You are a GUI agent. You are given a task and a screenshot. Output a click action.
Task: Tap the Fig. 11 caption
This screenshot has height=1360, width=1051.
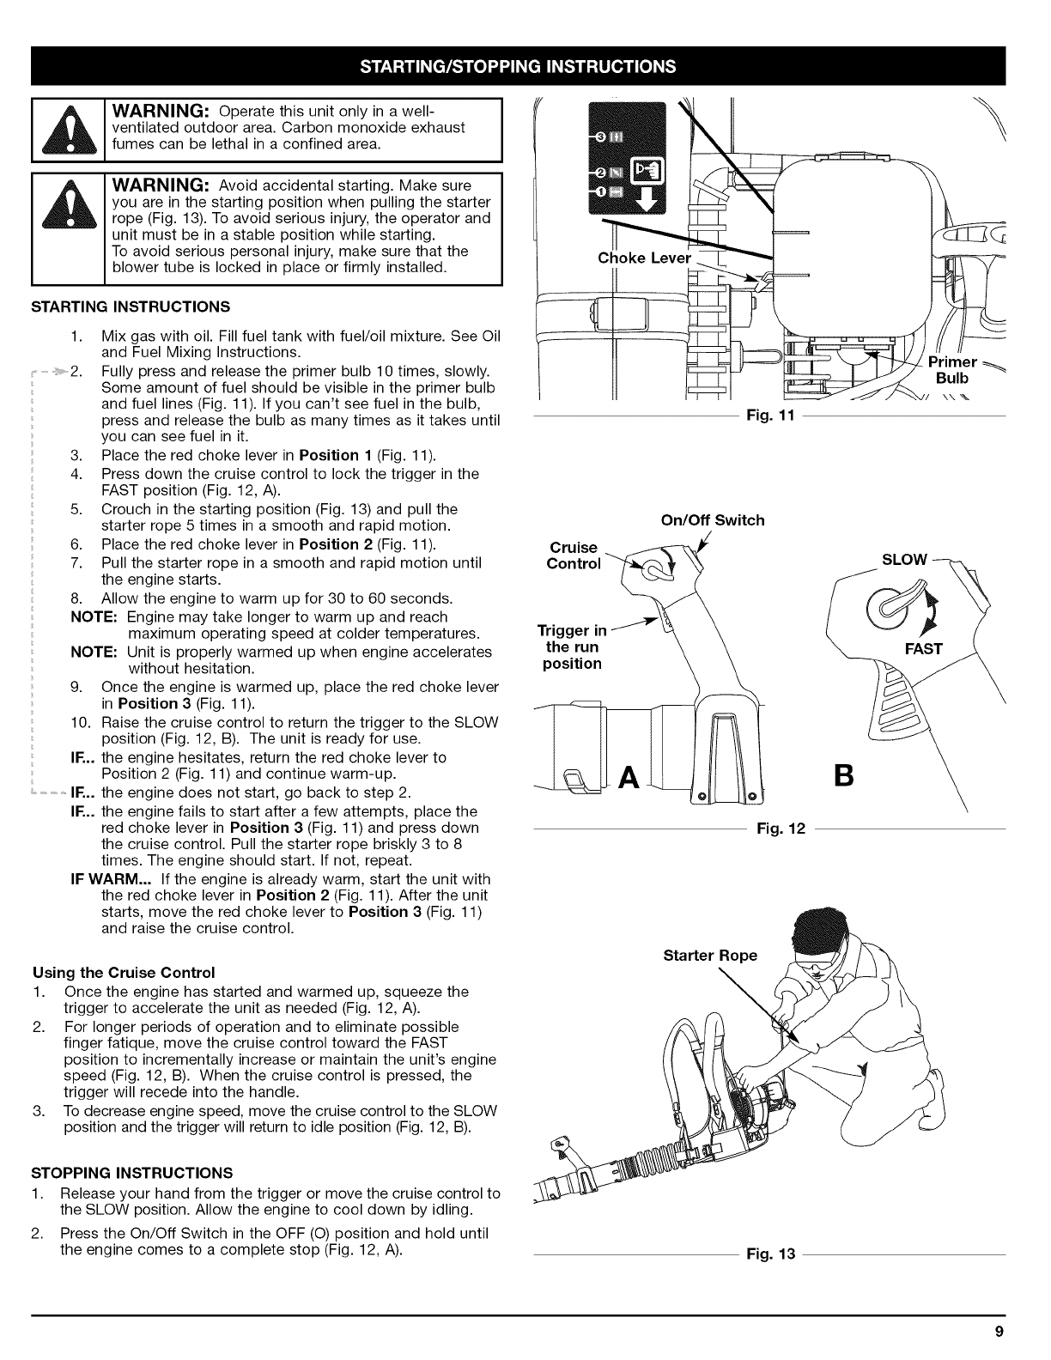[x=761, y=416]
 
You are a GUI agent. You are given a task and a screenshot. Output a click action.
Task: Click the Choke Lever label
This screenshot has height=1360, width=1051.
[x=642, y=259]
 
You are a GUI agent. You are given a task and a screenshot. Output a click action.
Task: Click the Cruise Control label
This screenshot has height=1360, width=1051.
[x=574, y=556]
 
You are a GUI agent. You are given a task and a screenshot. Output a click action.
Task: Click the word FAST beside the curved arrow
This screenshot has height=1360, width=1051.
[x=924, y=648]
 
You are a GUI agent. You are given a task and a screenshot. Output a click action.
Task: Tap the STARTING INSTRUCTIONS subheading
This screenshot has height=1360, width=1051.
[x=131, y=307]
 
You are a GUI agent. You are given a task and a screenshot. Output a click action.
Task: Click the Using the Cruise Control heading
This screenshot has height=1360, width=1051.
[x=123, y=973]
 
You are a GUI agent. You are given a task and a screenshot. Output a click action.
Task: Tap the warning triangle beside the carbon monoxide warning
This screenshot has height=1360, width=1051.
[x=65, y=131]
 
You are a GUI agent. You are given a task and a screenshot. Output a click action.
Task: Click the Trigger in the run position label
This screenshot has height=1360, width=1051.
[x=572, y=647]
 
